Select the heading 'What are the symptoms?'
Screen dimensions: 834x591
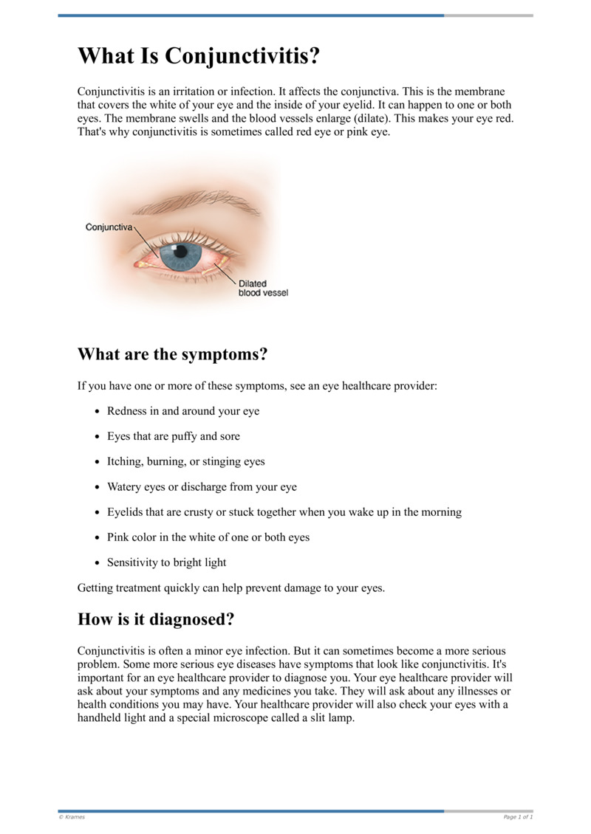(172, 354)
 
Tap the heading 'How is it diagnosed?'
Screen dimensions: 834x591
(156, 619)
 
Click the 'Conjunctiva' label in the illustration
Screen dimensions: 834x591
(109, 227)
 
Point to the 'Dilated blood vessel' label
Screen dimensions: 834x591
(262, 288)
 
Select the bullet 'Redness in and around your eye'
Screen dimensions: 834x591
(183, 411)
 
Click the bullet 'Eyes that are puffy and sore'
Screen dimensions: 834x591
(173, 436)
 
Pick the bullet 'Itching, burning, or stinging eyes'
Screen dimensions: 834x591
(185, 461)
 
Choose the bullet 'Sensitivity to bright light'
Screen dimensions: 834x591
(166, 562)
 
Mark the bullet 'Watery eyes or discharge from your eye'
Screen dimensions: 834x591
(202, 487)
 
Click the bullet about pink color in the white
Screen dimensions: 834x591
(208, 537)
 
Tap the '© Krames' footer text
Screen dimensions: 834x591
(72, 817)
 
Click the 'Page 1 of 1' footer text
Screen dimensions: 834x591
(518, 817)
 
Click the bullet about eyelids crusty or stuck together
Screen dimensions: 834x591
(284, 512)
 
